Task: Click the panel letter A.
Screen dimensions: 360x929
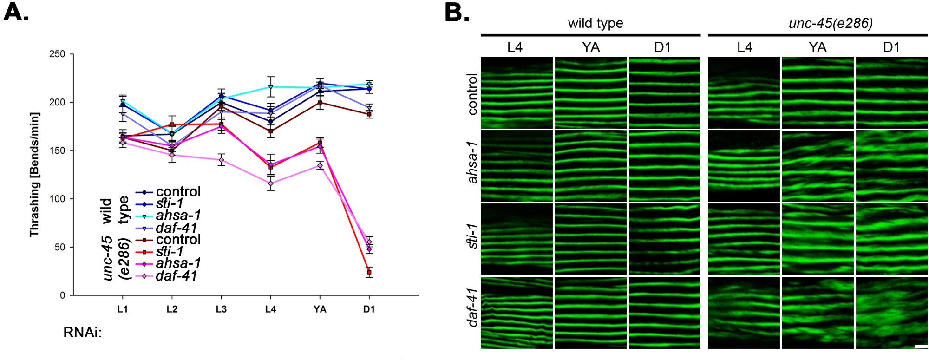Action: point(16,13)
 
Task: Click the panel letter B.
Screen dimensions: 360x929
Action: point(456,13)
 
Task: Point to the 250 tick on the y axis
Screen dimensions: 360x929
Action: point(57,54)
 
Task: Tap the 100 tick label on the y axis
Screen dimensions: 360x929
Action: point(57,199)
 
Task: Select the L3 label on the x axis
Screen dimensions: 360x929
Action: point(221,309)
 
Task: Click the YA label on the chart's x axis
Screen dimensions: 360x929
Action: point(320,309)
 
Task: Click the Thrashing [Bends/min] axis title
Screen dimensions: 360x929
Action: point(34,174)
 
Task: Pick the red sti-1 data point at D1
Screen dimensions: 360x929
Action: point(369,272)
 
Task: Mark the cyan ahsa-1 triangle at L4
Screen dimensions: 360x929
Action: point(271,87)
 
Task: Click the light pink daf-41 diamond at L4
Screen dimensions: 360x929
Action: point(271,183)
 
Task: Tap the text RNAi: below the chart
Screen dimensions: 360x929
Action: point(82,333)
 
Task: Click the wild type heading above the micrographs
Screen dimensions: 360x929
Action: point(595,23)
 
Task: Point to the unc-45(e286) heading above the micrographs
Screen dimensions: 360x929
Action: point(831,23)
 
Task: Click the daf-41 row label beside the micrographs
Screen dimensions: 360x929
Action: point(472,308)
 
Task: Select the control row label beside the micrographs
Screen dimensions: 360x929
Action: point(472,94)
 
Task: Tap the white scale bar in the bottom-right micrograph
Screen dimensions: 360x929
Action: point(921,347)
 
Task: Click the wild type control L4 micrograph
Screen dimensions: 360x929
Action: point(517,92)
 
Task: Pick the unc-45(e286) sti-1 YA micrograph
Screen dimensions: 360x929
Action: point(818,239)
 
